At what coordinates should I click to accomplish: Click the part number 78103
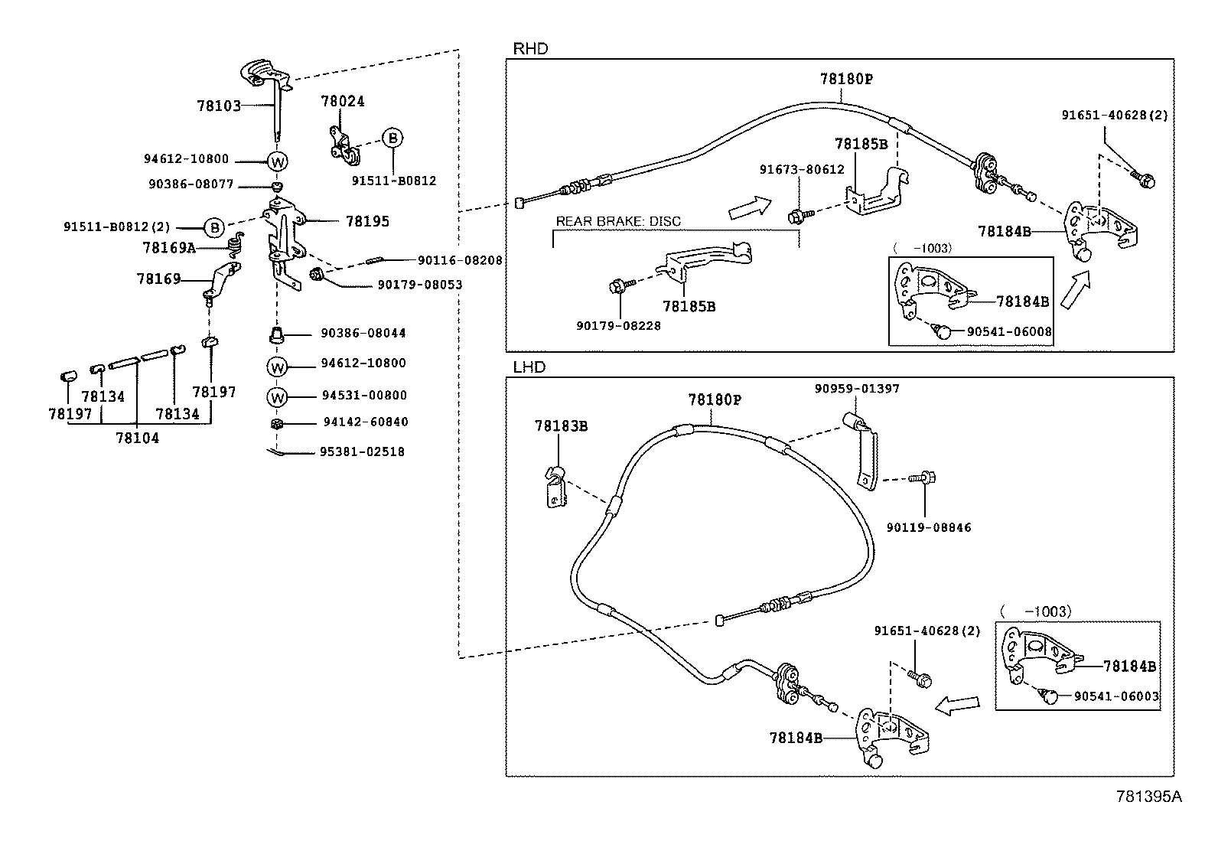point(219,106)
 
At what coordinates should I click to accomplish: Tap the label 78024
point(343,101)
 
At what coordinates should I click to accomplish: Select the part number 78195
point(367,221)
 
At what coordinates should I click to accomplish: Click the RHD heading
point(531,49)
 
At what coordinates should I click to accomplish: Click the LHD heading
point(529,367)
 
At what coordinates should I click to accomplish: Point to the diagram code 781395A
point(1149,797)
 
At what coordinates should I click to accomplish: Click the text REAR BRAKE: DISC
point(618,221)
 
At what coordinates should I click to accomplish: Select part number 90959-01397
point(857,389)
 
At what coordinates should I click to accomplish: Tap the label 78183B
point(561,426)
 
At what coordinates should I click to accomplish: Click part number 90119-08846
point(929,528)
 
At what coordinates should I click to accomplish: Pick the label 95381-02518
point(362,452)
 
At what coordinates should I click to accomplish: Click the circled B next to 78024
point(392,139)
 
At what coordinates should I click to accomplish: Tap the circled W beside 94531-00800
point(277,398)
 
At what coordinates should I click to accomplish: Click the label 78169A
point(169,248)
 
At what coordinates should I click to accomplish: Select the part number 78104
point(138,438)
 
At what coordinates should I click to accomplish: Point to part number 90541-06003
point(1116,696)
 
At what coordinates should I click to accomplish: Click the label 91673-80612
point(802,170)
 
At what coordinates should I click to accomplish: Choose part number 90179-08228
point(619,326)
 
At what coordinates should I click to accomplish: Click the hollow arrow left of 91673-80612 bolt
point(750,208)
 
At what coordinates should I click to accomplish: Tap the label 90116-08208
point(460,261)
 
